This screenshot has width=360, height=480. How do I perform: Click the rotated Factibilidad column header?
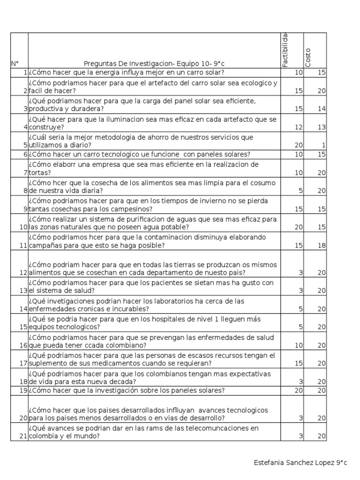(x=285, y=51)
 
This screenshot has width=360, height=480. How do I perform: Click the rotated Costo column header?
(x=308, y=58)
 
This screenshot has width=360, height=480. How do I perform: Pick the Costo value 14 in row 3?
(x=321, y=109)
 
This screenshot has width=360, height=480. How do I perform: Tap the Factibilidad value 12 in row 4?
(x=299, y=127)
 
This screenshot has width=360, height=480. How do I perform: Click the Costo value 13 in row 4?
(x=321, y=127)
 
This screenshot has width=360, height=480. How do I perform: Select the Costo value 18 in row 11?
(x=321, y=246)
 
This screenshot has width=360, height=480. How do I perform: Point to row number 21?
(x=23, y=436)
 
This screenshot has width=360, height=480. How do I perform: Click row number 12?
(x=23, y=273)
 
